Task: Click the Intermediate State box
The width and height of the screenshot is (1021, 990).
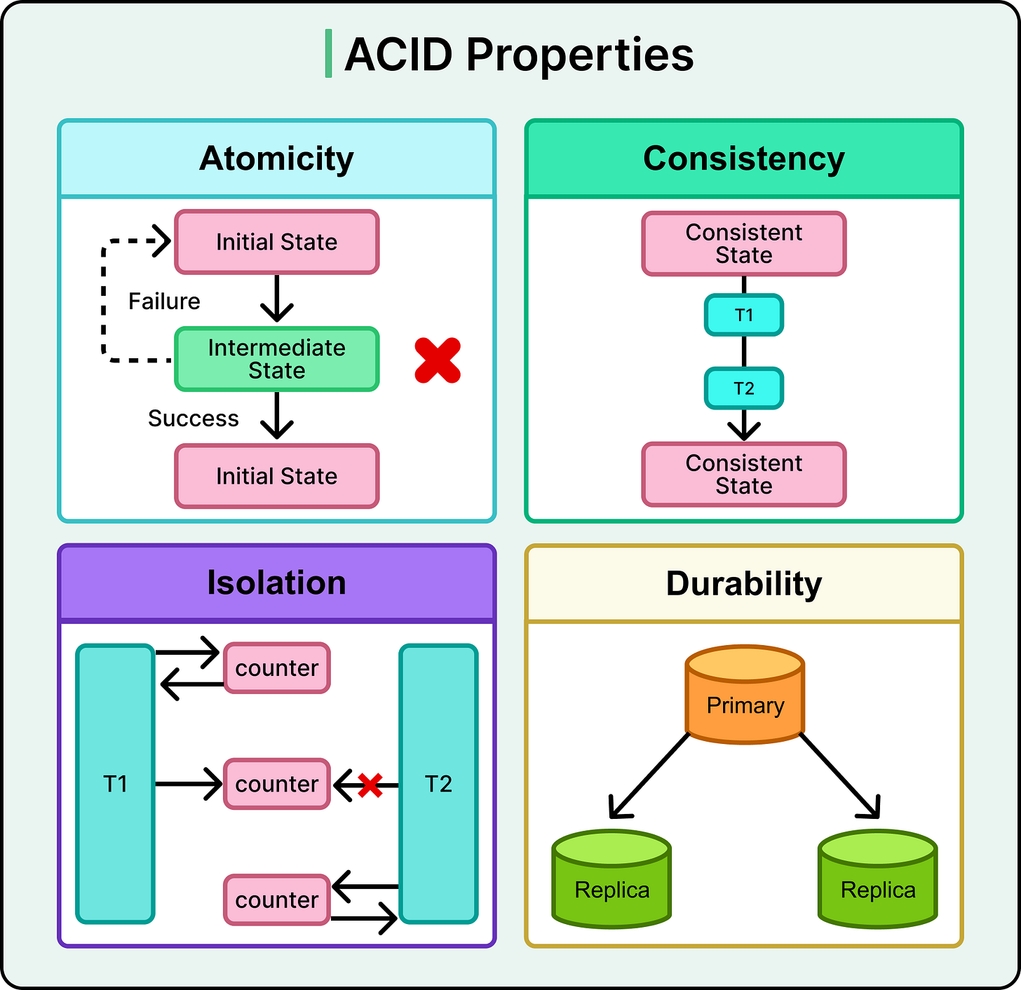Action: tap(276, 359)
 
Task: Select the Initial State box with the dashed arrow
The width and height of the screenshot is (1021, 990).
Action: tap(276, 242)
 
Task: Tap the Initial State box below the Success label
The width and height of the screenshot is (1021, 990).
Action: tap(276, 476)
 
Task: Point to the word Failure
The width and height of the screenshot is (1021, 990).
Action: tap(164, 301)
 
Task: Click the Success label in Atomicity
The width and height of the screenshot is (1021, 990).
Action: tap(194, 419)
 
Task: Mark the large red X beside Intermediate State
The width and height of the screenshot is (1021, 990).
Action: tap(438, 360)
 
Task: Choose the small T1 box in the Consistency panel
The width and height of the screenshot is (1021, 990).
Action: tap(743, 316)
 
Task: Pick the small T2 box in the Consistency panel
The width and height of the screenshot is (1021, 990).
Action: tap(743, 388)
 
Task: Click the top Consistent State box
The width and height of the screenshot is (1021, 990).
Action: tap(743, 243)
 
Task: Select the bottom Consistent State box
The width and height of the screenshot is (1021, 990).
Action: tap(743, 475)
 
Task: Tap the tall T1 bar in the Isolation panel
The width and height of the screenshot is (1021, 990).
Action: tap(116, 783)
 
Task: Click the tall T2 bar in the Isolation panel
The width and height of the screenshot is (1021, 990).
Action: tap(438, 783)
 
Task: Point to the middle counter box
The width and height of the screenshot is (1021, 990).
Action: tap(276, 784)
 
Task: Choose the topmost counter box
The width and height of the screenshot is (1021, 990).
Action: tap(276, 668)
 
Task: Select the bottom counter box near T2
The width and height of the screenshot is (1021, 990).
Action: tap(276, 900)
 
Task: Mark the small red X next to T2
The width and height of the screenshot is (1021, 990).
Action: tap(370, 785)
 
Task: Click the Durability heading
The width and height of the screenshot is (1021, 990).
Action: tap(743, 584)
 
